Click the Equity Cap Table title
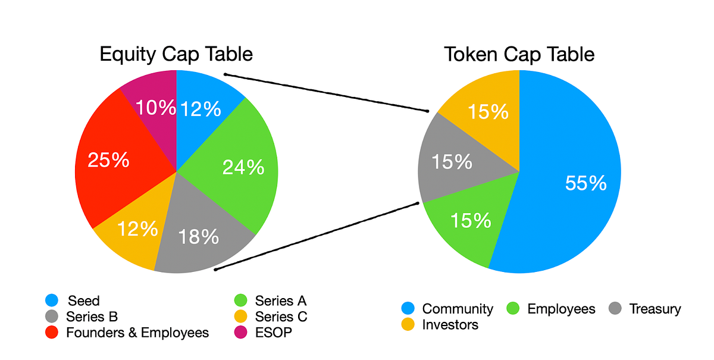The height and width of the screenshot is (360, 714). (x=176, y=54)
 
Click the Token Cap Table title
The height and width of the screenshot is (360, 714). (x=519, y=54)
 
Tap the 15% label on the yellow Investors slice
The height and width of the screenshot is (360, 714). (x=488, y=112)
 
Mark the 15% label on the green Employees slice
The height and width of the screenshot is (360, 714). (x=471, y=221)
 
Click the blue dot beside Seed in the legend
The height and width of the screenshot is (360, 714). (x=51, y=301)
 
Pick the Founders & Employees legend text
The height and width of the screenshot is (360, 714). (x=137, y=332)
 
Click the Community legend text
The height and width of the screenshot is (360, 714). (x=458, y=309)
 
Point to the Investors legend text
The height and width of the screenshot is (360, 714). (x=450, y=324)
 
